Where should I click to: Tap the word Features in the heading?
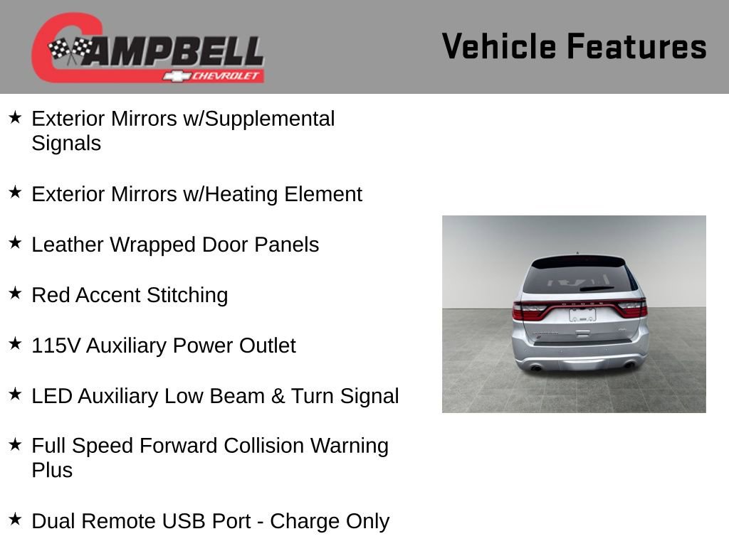point(636,46)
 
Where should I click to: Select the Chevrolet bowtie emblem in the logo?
point(174,76)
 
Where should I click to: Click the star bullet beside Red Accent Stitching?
point(15,293)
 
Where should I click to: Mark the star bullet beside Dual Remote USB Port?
point(15,519)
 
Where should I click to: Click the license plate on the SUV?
point(582,314)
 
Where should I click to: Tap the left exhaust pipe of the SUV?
point(535,367)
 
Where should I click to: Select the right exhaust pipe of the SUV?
point(629,365)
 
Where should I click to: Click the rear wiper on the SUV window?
point(597,289)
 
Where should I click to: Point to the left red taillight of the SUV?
point(530,310)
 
